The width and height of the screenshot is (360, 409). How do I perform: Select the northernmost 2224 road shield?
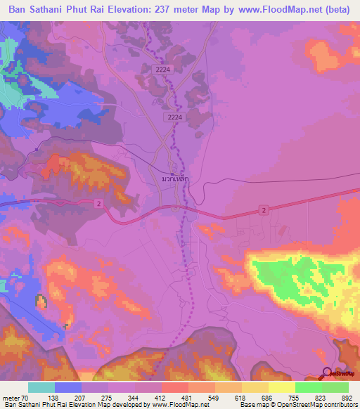(162, 68)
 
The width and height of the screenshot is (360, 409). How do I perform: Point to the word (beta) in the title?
(337, 10)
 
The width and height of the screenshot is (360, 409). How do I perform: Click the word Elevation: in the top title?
(120, 10)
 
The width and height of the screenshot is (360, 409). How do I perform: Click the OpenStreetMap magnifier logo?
(326, 373)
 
